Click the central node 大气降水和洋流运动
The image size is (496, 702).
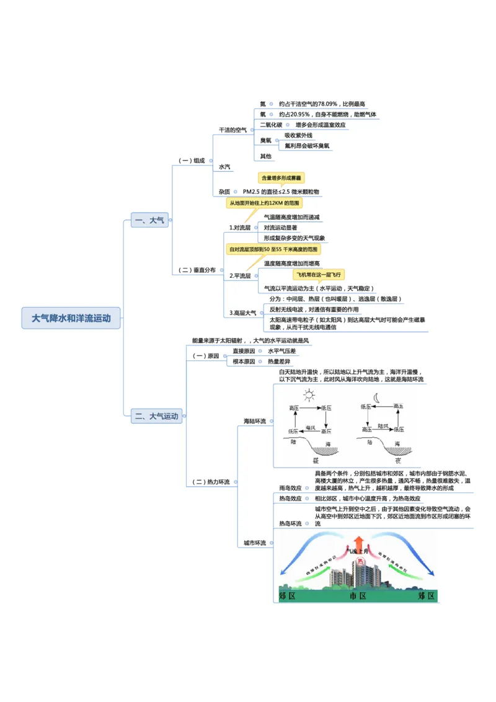(71, 318)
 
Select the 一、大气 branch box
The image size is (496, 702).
(149, 220)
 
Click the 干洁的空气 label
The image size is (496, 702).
(232, 130)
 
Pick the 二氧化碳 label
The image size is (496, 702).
(271, 125)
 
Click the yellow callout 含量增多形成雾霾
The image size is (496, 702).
(281, 177)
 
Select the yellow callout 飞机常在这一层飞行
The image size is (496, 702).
(319, 274)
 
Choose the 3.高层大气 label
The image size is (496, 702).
(243, 313)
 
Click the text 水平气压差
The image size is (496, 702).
(282, 351)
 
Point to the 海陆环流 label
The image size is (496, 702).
(254, 421)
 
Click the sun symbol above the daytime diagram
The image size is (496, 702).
(308, 395)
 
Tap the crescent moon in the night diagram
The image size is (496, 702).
(376, 398)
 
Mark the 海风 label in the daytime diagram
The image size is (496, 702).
(311, 427)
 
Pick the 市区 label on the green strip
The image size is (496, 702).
(358, 596)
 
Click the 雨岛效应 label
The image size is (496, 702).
(290, 488)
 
